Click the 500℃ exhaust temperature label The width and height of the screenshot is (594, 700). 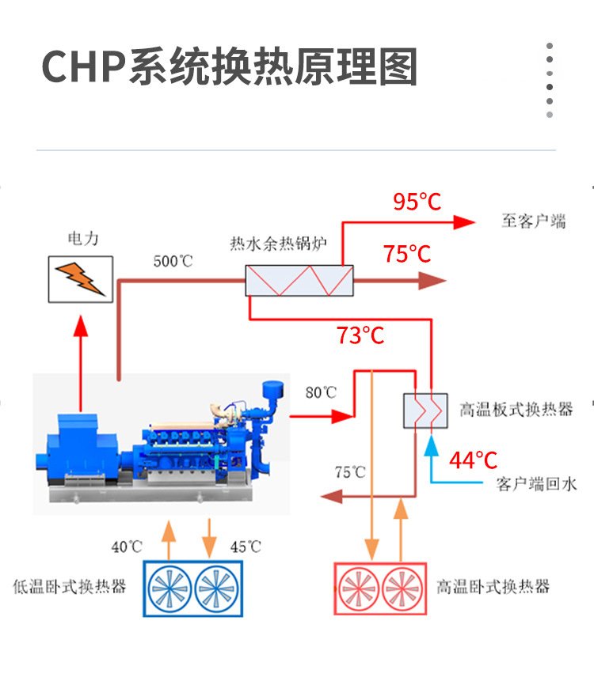173,260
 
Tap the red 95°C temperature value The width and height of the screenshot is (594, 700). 417,202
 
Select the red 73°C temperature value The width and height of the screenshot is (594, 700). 360,335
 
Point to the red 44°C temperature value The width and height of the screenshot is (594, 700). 474,460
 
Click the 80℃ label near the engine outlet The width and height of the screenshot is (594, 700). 321,392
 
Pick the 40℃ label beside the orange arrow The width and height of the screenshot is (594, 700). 127,547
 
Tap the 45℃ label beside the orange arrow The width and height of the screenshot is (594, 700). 245,547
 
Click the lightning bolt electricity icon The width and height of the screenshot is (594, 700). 80,278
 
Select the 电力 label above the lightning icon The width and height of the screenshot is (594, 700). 83,238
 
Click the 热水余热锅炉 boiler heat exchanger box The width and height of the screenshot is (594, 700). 299,281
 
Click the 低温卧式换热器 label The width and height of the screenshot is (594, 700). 70,587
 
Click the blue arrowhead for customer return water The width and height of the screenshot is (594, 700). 432,445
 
